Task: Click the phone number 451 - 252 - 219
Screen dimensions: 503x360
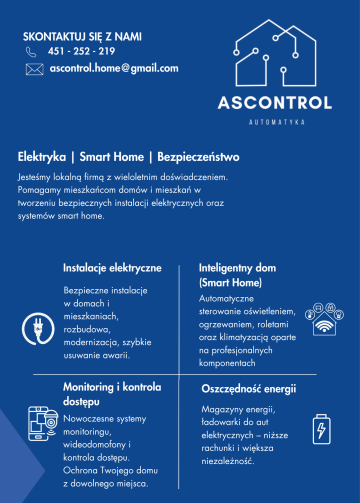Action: tap(80, 51)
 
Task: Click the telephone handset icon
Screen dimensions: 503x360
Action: tap(33, 51)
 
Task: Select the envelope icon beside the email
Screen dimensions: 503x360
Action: tap(34, 69)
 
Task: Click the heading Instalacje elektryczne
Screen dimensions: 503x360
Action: tap(112, 269)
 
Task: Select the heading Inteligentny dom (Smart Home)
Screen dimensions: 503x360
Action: tap(237, 277)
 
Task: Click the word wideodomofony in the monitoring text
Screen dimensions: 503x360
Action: tap(97, 444)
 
